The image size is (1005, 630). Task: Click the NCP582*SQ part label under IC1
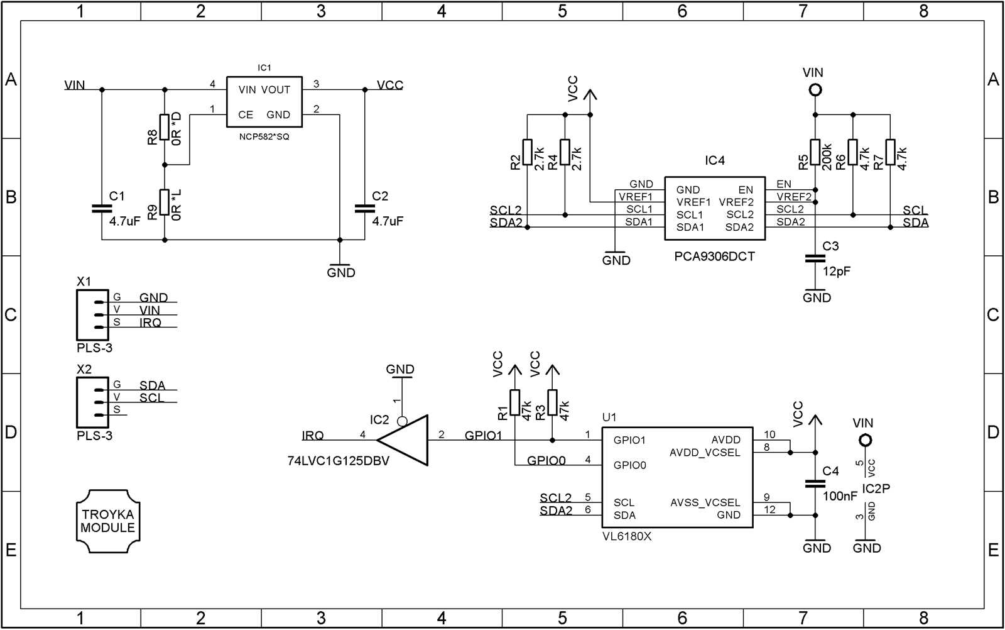coord(264,137)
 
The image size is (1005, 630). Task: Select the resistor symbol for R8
coord(165,127)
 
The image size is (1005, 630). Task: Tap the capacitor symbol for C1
coord(102,208)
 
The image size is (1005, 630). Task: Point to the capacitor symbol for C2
coord(364,208)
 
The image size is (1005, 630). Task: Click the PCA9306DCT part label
coord(714,257)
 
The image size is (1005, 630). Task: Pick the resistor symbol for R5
coord(815,152)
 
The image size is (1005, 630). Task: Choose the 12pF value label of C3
coord(837,272)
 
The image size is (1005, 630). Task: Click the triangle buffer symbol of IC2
coord(405,440)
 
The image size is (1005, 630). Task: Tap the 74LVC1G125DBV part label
coord(338,461)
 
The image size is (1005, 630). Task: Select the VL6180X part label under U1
coord(627,536)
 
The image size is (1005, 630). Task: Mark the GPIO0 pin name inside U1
coord(629,465)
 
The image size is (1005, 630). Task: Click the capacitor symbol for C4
coord(815,484)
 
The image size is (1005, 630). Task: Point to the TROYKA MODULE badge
coord(108,521)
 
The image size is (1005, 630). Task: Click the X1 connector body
coord(92,315)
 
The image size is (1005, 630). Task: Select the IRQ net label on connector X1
coord(150,323)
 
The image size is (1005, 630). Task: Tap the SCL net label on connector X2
coord(151,398)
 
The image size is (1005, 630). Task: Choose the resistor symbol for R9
coord(165,202)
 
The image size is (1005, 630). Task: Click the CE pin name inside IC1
coord(246,115)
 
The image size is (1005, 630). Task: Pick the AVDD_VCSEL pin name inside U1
coord(705,453)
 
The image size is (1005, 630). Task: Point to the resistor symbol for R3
coord(552,402)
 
